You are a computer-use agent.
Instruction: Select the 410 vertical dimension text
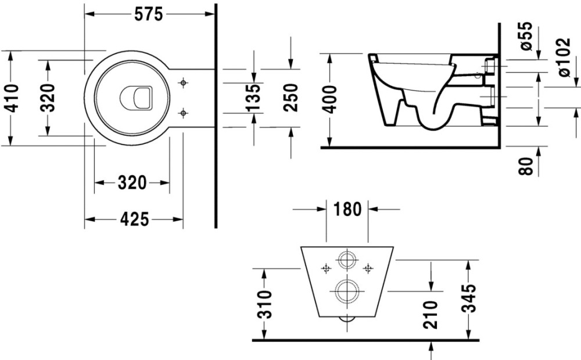coord(13,98)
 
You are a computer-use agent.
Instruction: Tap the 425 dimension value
coord(134,219)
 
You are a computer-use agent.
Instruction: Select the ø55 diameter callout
coord(526,36)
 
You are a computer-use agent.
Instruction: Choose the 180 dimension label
coord(348,209)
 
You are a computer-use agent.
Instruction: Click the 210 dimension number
coord(430,314)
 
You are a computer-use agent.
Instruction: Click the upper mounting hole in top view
coord(184,83)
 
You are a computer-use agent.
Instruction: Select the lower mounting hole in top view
coord(184,112)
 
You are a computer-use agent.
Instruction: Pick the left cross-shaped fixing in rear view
coord(327,268)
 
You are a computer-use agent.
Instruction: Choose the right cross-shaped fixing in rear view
coord(368,268)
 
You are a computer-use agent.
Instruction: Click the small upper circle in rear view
coord(347,260)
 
